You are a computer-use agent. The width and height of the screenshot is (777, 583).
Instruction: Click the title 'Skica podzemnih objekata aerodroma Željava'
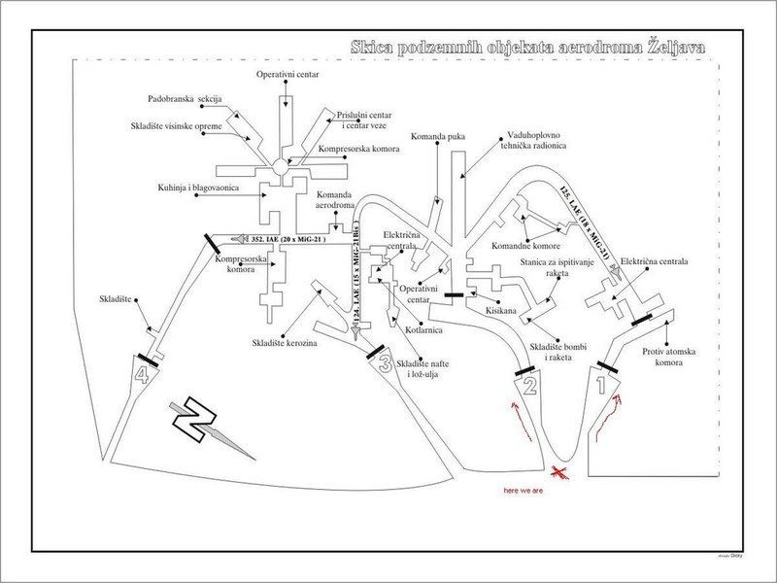pos(528,47)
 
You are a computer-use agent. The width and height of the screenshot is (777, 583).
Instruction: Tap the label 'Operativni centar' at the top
pos(287,74)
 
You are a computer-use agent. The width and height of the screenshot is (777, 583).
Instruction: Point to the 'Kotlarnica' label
pos(424,330)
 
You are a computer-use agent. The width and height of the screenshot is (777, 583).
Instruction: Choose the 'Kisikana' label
pos(501,311)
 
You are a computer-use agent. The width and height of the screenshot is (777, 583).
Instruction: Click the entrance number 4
pos(143,375)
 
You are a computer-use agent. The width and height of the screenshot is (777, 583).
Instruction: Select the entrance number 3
pos(385,366)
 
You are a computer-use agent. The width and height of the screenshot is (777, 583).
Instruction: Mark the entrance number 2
pos(530,388)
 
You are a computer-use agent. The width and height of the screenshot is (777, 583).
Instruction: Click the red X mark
pos(559,473)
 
